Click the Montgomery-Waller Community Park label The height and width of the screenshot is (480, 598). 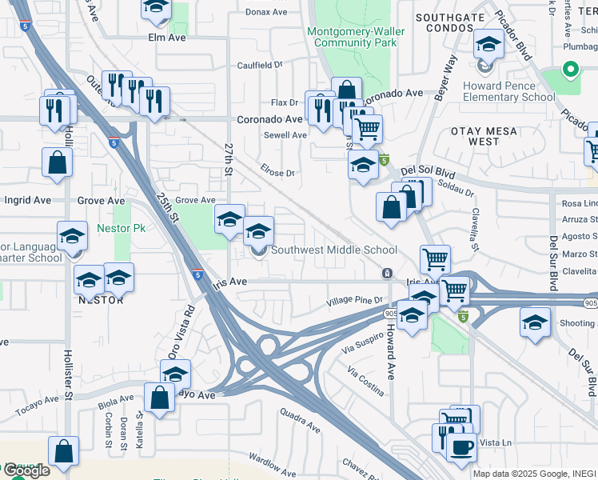point(357,37)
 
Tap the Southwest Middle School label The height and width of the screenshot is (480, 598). point(333,250)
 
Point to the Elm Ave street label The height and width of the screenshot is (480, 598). point(166,38)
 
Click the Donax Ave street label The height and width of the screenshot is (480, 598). point(266,12)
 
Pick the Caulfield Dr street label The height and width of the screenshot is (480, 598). point(259,65)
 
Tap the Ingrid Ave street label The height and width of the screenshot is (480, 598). point(28,200)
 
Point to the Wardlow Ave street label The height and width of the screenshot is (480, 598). point(273,462)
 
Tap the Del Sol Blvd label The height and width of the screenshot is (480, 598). point(427,170)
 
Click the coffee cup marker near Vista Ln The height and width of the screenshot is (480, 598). point(462,446)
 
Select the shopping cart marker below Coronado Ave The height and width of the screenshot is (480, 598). point(367,128)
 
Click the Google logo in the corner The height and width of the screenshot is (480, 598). point(26,470)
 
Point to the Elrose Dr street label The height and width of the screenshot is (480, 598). point(278,171)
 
